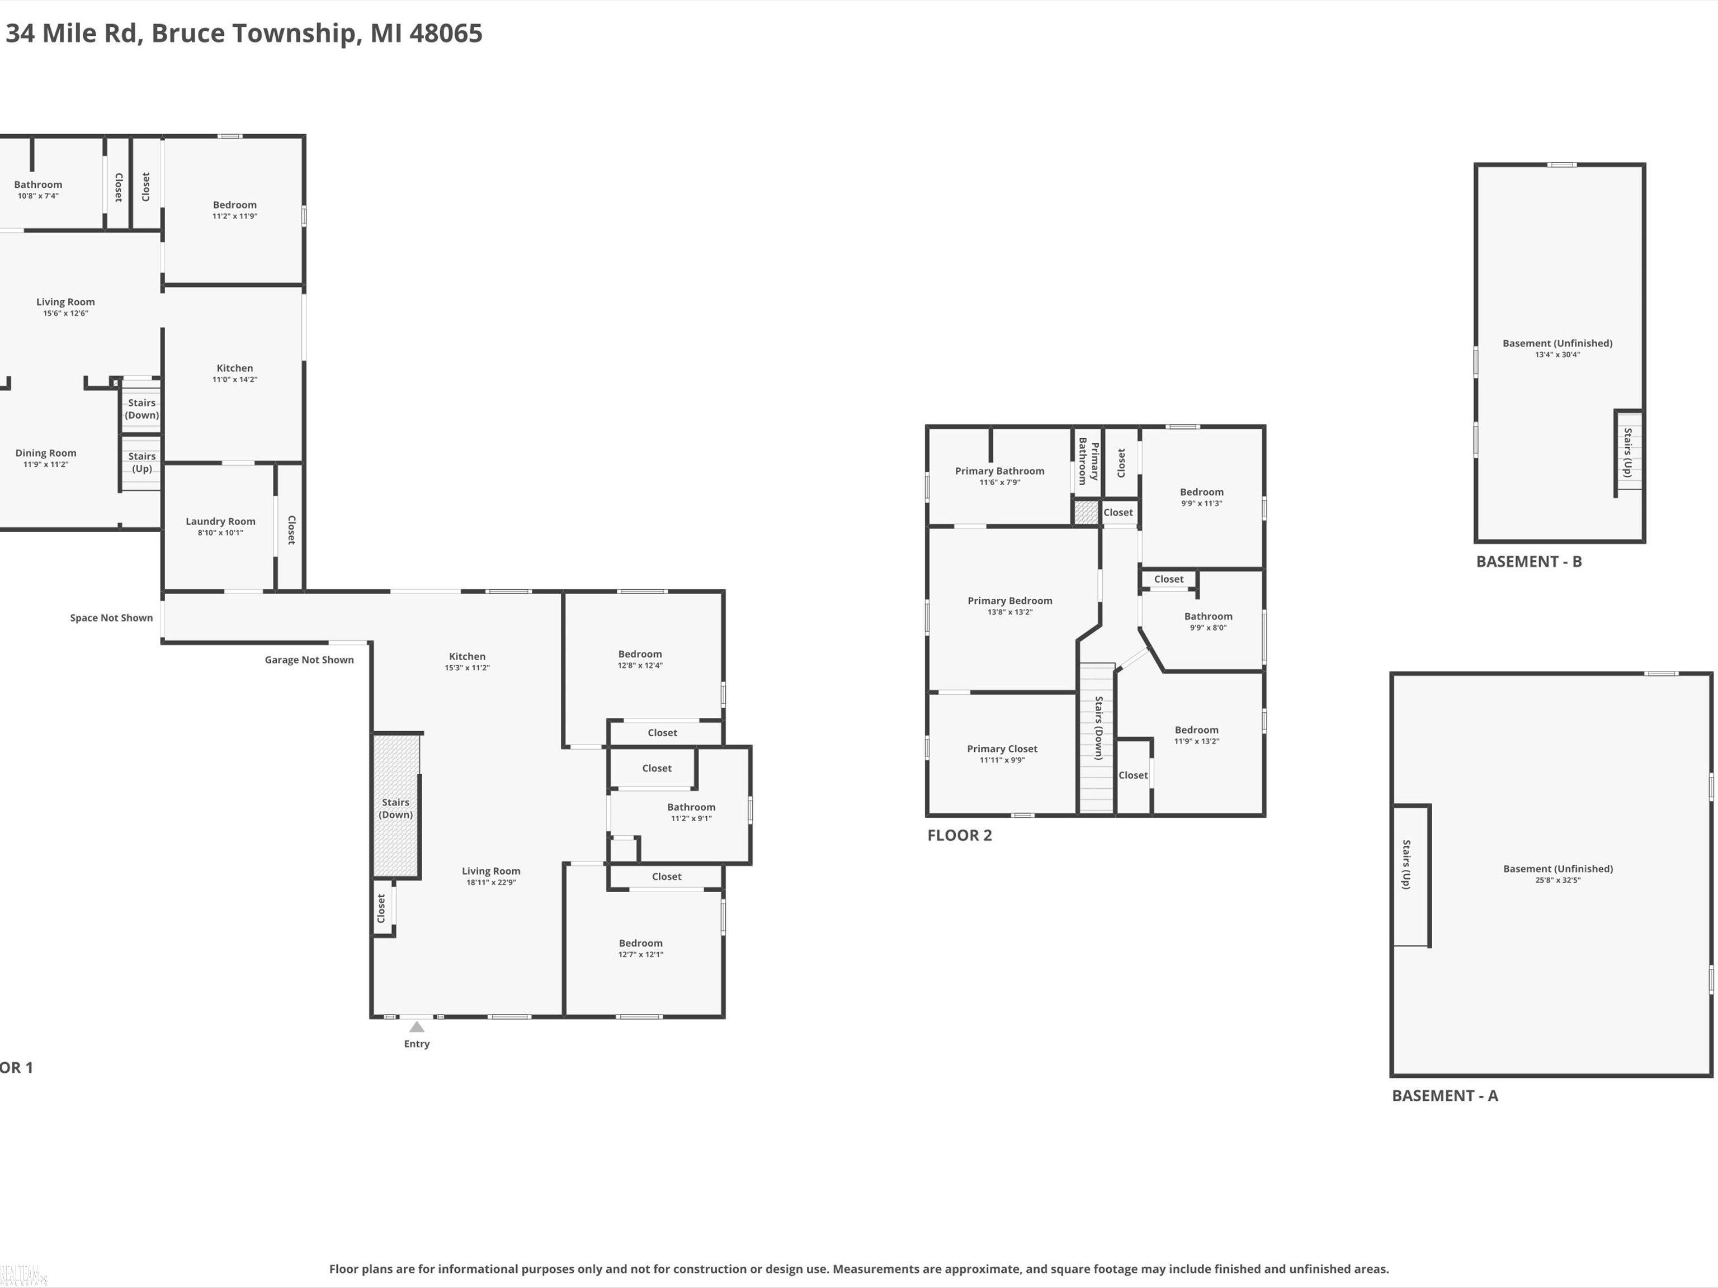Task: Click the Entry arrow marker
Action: point(417,1027)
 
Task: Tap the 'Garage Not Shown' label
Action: point(309,660)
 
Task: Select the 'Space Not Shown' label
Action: point(111,618)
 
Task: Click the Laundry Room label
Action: point(220,522)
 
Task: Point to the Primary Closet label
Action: point(1002,749)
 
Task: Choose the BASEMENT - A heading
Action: point(1445,1096)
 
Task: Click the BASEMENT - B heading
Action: point(1528,562)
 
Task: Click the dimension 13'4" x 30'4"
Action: point(1557,355)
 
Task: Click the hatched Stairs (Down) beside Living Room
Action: point(396,806)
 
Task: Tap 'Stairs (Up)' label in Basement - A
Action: point(1406,864)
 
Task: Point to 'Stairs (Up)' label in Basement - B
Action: point(1627,452)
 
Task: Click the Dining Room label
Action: point(46,453)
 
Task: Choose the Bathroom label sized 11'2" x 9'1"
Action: point(691,807)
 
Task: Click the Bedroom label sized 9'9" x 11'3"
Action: point(1201,492)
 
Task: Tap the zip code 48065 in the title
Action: point(446,34)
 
